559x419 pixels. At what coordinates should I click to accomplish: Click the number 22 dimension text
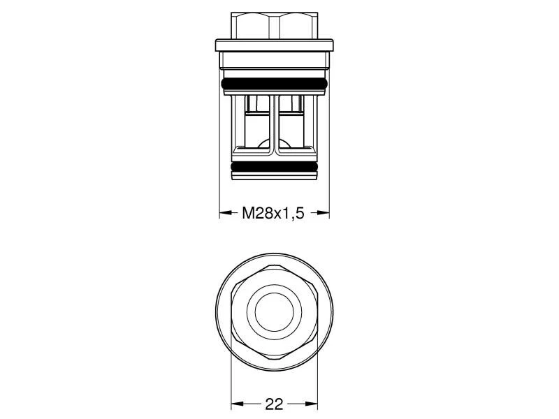pos(275,404)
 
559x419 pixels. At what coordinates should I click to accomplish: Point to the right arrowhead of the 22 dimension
pos(312,404)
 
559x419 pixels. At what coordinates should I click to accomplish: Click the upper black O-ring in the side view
pos(274,84)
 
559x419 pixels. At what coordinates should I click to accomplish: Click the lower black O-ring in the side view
pos(274,168)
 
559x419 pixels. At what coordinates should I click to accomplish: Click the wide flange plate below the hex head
pos(274,46)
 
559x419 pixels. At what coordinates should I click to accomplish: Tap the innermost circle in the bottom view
pos(274,310)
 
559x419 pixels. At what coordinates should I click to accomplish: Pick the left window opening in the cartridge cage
pos(256,122)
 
